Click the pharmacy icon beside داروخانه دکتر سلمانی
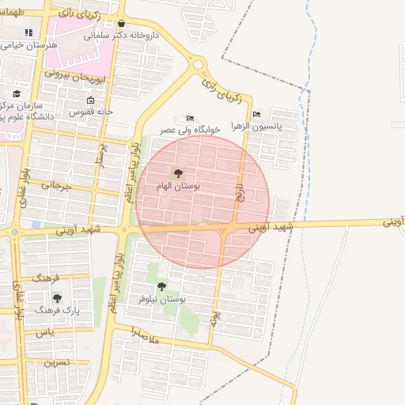point(120,24)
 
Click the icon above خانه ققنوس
point(90,100)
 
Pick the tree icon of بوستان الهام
point(176,172)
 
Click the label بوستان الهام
point(178,186)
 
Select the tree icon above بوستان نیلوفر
point(162,286)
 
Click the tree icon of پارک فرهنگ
point(57,298)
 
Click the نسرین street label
point(56,362)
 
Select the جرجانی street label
point(56,187)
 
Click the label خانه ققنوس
point(92,112)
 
